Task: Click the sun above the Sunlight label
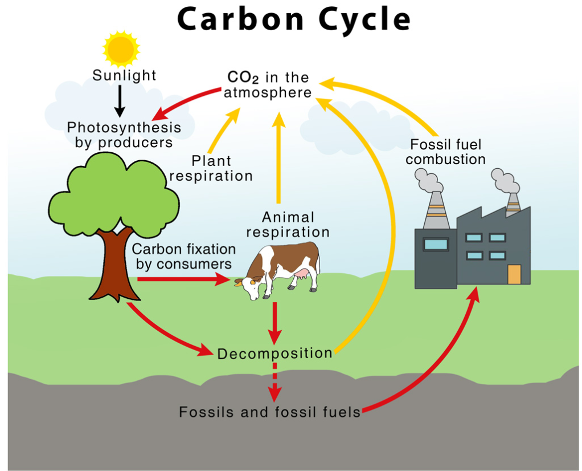point(121,50)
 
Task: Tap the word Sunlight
point(124,75)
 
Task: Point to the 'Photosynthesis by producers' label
point(124,135)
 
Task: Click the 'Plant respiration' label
point(211,168)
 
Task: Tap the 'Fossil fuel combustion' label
point(445,152)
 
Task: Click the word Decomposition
point(274,354)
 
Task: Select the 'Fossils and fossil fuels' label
point(270,412)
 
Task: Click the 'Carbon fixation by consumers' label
point(183,257)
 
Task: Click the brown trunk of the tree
point(113,268)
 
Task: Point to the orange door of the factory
point(514,274)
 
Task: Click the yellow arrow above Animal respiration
point(278,160)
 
